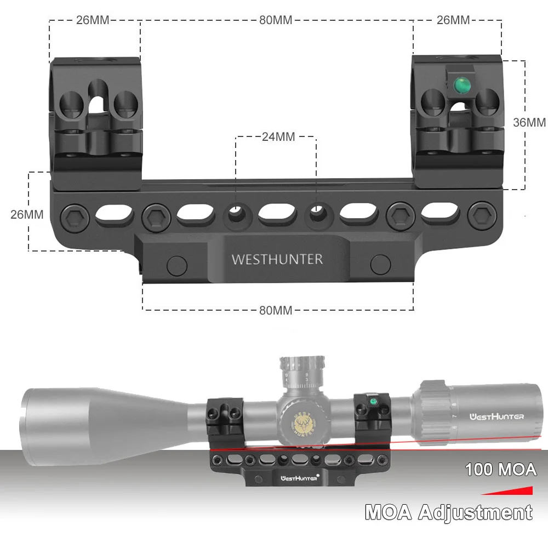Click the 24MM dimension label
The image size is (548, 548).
[278, 136]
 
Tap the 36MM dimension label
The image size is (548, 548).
[529, 122]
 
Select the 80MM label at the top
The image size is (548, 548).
[275, 20]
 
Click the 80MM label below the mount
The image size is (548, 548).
[275, 310]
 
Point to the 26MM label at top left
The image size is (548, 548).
[93, 20]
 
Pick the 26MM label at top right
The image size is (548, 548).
[453, 20]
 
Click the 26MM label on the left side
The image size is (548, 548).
[27, 214]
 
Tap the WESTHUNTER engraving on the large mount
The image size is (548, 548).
[277, 259]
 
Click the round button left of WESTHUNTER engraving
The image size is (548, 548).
[177, 265]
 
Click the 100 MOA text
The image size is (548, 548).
[500, 469]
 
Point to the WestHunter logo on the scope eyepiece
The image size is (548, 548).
[497, 416]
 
